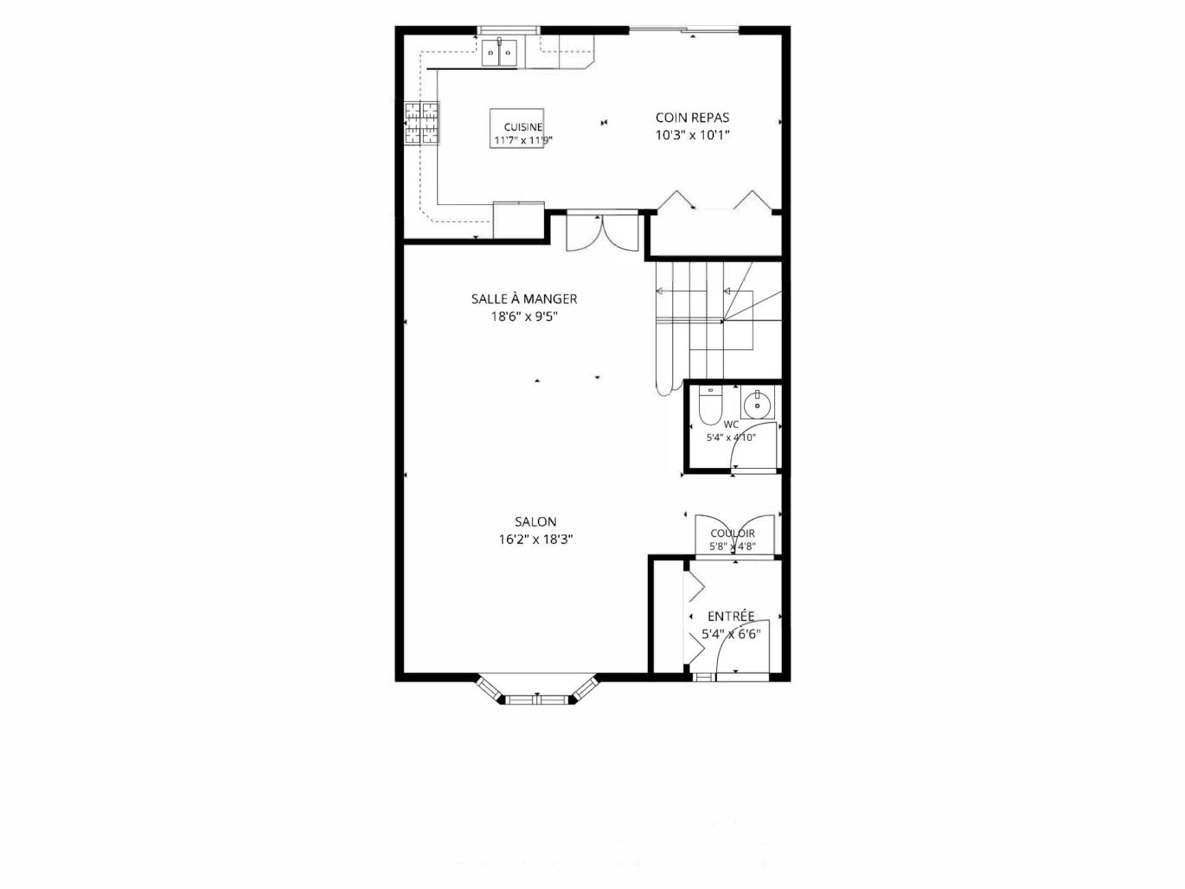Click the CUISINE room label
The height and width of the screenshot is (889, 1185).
[522, 127]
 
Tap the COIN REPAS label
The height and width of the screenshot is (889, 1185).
[692, 118]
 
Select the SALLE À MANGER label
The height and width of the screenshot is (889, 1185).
[523, 298]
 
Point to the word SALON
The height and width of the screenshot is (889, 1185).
[535, 522]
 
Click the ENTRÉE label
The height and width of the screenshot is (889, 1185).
[731, 617]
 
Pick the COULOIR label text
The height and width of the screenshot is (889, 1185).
[733, 534]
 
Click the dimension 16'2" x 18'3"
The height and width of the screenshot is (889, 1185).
[535, 540]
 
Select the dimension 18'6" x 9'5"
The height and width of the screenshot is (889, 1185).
[523, 317]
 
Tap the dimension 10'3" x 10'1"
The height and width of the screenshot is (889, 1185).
[692, 135]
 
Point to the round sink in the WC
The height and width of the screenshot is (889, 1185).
[758, 403]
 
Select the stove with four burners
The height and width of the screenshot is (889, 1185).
[421, 123]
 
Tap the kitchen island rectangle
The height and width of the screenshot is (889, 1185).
[516, 129]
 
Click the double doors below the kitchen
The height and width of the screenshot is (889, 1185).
[602, 233]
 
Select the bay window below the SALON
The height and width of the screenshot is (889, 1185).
[536, 689]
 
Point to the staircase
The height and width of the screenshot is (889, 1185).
[719, 329]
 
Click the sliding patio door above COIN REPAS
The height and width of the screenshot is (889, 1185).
[684, 30]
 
